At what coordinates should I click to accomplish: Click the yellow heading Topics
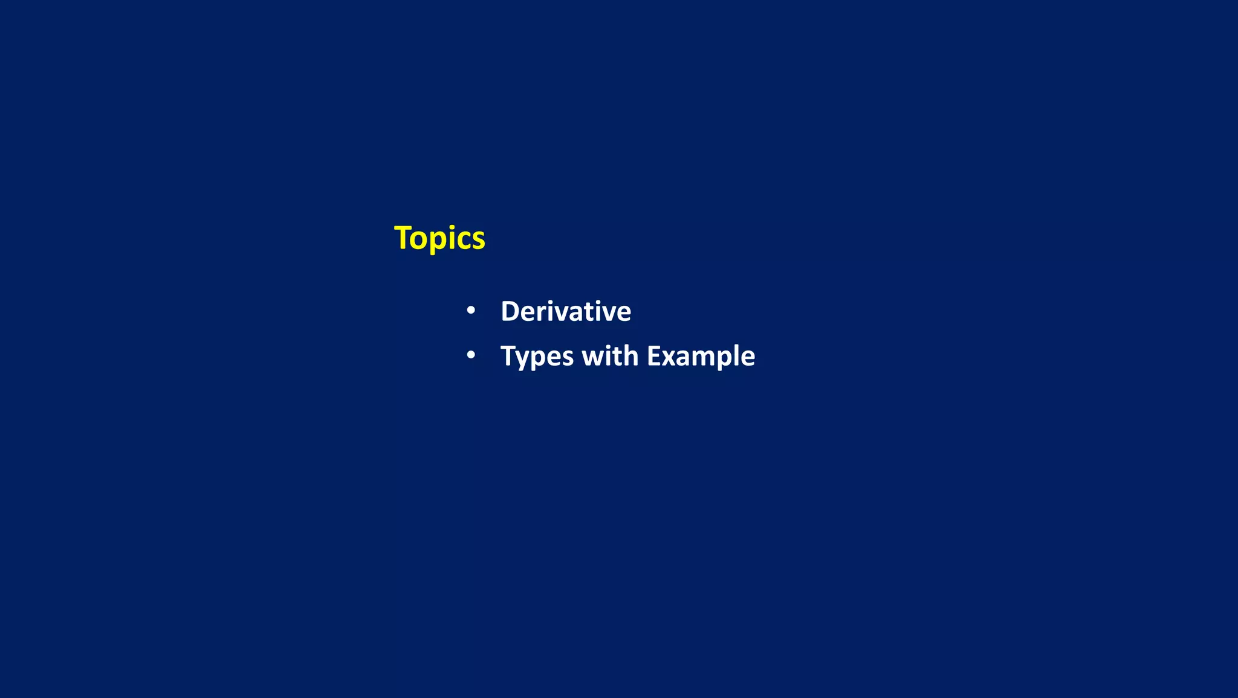(439, 238)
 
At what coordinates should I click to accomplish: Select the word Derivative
(566, 312)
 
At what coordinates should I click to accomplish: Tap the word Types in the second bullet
(537, 357)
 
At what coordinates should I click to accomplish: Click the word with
(609, 356)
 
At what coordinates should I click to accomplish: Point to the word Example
(701, 357)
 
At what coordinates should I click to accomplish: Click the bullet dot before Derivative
(471, 311)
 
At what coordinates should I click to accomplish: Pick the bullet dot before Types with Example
(471, 355)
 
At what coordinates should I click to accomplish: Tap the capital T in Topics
(403, 237)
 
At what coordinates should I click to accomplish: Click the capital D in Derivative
(510, 312)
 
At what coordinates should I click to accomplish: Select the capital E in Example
(654, 356)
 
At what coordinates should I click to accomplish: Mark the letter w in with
(592, 357)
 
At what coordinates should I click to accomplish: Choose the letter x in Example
(669, 358)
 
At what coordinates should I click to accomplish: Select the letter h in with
(630, 356)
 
